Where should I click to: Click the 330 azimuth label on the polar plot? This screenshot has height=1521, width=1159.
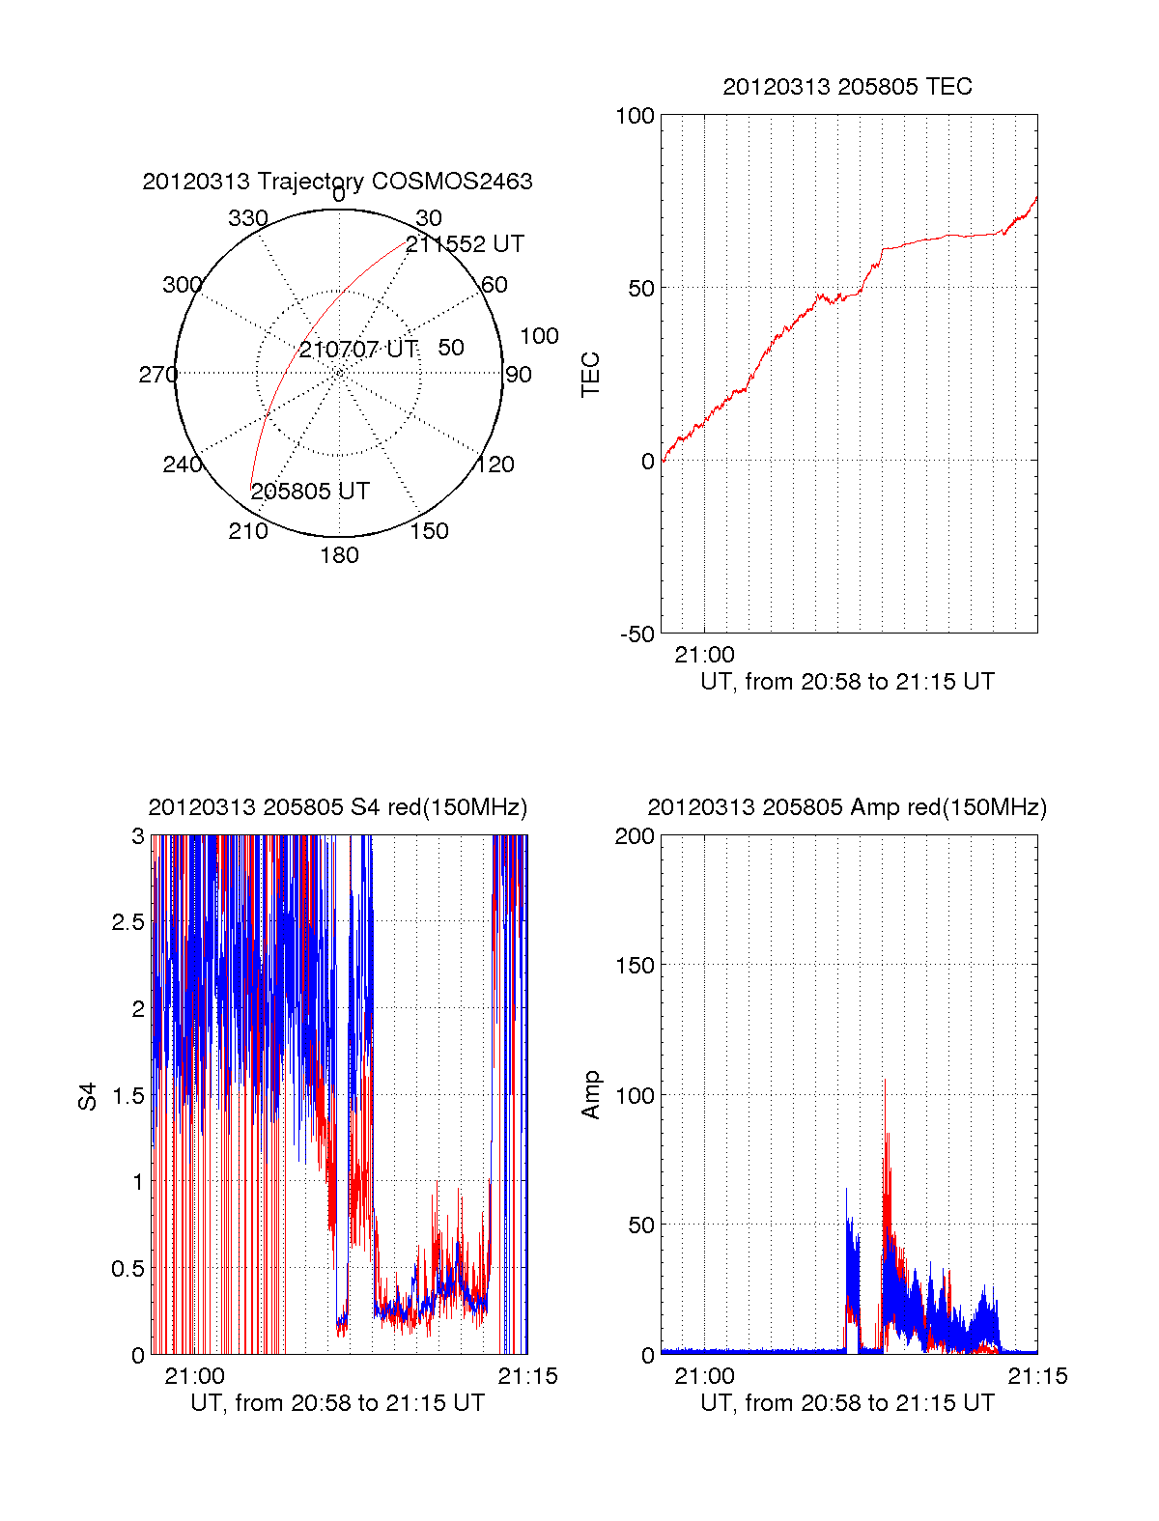(x=247, y=218)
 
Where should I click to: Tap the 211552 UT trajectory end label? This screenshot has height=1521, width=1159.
(x=465, y=244)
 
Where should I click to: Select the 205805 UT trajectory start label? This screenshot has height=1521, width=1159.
(x=310, y=492)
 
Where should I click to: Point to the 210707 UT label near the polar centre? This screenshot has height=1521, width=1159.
(x=357, y=350)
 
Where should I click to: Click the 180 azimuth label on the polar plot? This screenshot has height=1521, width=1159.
(x=339, y=555)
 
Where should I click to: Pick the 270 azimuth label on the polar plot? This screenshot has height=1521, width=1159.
(x=157, y=375)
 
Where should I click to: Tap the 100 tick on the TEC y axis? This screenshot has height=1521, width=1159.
(x=635, y=117)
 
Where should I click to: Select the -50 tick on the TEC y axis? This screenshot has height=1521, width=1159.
(x=636, y=634)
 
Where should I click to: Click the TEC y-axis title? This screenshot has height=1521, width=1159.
(x=590, y=375)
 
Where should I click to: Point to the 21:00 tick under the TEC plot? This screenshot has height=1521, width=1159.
(x=704, y=655)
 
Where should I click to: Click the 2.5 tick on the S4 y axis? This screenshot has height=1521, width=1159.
(x=127, y=922)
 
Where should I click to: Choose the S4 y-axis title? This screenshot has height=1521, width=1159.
(x=88, y=1096)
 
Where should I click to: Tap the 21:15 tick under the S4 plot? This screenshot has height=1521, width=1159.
(x=527, y=1376)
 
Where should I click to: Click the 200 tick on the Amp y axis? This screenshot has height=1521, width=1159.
(x=635, y=836)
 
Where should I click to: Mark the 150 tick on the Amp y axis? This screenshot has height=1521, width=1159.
(x=635, y=966)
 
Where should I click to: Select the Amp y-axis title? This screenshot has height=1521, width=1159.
(x=590, y=1095)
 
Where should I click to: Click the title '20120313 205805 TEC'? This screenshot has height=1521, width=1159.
(x=847, y=87)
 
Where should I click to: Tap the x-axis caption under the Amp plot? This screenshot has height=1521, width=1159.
(x=847, y=1403)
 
